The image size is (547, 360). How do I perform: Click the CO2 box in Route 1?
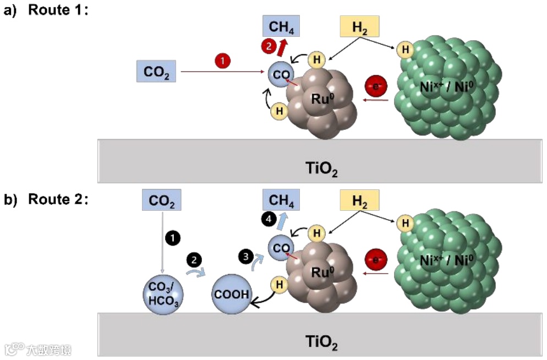(156, 72)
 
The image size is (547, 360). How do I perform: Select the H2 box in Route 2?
(360, 202)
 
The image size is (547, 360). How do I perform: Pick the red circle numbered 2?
(269, 47)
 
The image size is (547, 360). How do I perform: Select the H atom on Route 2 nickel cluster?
(406, 223)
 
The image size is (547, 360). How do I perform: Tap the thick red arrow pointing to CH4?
(282, 48)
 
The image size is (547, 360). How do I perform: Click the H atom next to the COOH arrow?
(279, 284)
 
